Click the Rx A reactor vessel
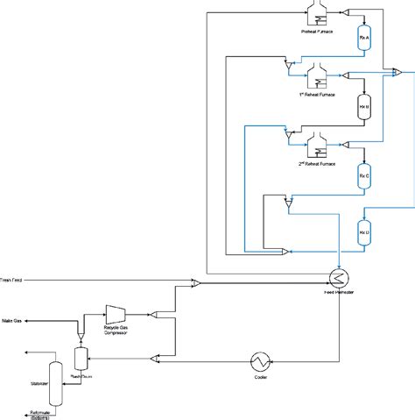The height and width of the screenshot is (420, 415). tap(364, 39)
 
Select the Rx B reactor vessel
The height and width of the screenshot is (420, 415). tap(364, 109)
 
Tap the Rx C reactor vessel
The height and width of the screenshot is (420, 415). tap(364, 176)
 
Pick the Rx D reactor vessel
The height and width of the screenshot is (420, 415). tap(364, 232)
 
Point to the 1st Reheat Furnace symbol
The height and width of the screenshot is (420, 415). tap(315, 74)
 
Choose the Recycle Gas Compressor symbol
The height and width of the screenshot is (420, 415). tap(116, 314)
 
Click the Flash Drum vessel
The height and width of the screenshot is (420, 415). tap(81, 358)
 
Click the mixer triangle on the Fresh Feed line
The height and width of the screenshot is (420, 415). tap(196, 282)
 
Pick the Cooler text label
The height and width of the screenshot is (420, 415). tap(259, 379)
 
